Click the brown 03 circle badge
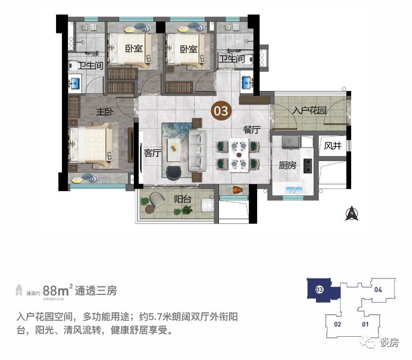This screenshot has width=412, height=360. (x=221, y=111)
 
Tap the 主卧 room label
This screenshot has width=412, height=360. (x=105, y=112)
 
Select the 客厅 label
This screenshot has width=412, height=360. (x=152, y=154)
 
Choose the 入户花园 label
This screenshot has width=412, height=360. (x=309, y=111)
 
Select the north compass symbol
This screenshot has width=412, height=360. (x=351, y=214)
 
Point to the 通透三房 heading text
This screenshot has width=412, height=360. (x=96, y=291)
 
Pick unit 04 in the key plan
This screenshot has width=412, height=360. (x=378, y=290)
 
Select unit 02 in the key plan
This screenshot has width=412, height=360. (x=338, y=324)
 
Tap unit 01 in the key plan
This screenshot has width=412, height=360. (x=365, y=324)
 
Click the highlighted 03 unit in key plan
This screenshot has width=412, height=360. (x=319, y=290)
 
